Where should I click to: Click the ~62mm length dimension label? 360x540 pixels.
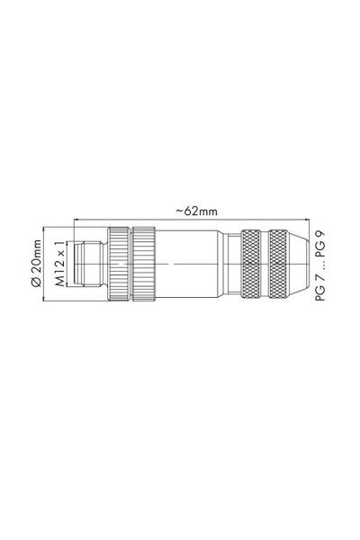(x=196, y=211)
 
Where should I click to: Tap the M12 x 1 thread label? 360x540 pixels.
(x=60, y=264)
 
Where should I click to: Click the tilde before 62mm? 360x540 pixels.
(x=178, y=211)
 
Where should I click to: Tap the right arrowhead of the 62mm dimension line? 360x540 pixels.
(x=309, y=219)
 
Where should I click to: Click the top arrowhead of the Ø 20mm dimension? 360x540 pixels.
(x=45, y=229)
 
